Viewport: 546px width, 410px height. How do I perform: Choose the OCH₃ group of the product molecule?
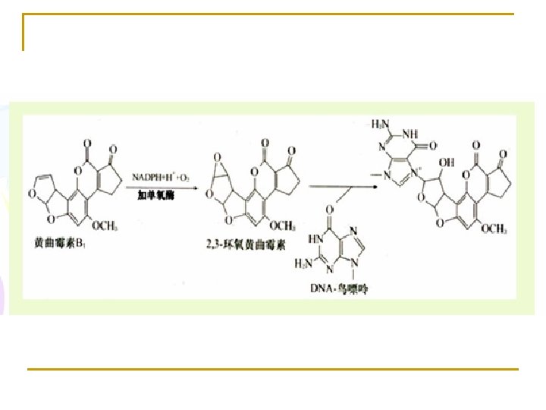(494, 229)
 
